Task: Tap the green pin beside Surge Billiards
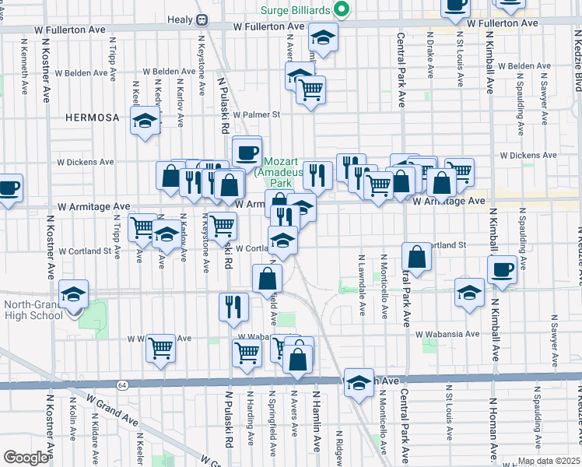(x=340, y=10)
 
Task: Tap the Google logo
(x=26, y=458)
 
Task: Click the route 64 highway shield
(x=123, y=384)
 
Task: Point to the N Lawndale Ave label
(x=363, y=285)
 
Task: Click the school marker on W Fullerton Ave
(x=321, y=37)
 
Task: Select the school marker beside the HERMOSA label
(x=145, y=121)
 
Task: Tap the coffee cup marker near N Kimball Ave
(x=502, y=269)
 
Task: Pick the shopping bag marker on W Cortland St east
(x=417, y=257)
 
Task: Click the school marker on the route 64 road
(x=359, y=383)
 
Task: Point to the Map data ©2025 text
(x=549, y=461)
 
